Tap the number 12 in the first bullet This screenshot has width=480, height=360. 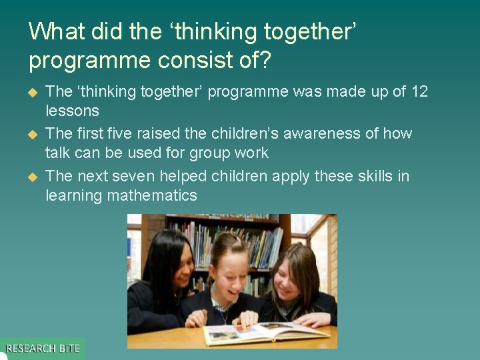pos(419,91)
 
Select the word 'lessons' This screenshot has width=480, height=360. pos(72,111)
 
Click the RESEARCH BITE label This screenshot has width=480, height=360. pos(43,348)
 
